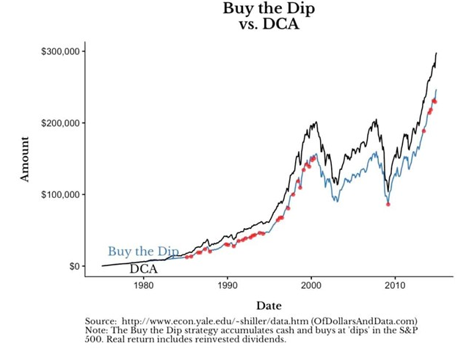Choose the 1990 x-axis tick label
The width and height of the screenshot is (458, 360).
[228, 286]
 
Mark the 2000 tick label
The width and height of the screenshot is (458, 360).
[311, 286]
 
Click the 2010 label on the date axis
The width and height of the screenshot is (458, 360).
[396, 286]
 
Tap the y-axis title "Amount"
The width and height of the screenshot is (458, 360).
[25, 158]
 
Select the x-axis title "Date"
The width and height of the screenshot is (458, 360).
[268, 305]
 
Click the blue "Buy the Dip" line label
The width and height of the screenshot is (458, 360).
[143, 251]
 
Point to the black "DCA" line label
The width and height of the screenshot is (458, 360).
[144, 269]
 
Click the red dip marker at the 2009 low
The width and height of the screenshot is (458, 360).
[388, 204]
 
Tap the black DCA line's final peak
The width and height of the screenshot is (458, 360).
[436, 53]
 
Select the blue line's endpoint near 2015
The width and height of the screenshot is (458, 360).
[436, 90]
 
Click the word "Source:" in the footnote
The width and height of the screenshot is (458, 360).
[101, 321]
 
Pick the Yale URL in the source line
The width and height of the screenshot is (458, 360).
[215, 321]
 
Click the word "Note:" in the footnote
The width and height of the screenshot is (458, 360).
[98, 331]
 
